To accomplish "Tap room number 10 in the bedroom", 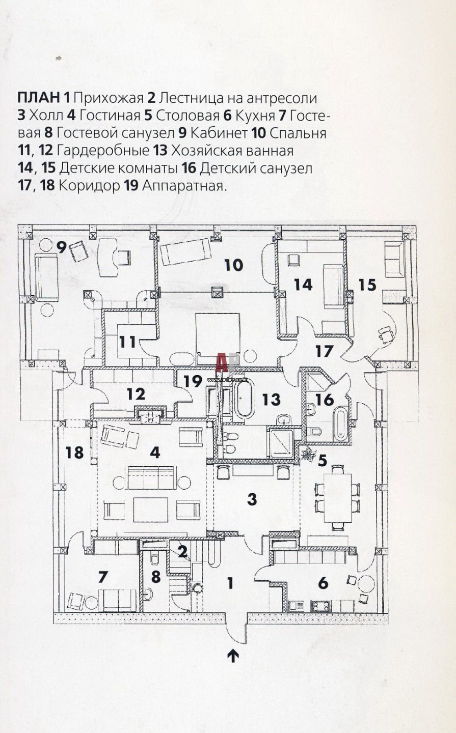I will (233, 265).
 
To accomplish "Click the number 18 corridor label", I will (75, 452).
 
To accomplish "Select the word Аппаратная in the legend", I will (184, 185).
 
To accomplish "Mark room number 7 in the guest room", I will (103, 576).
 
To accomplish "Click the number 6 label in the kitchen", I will (323, 582).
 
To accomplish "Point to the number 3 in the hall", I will (252, 499).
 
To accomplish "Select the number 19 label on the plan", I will (193, 380).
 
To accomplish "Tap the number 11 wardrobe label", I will (127, 341).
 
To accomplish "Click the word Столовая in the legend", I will (187, 116).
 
